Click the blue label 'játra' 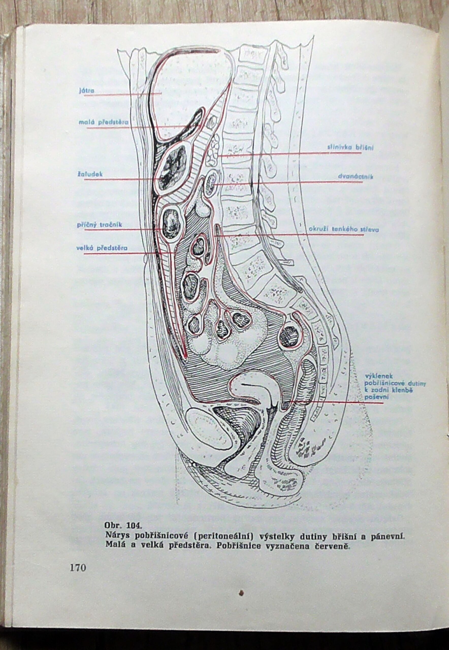point(87,91)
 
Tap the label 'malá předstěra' point(104,122)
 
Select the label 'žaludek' point(90,174)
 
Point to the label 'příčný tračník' point(100,225)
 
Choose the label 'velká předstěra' point(102,248)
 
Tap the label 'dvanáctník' point(355,177)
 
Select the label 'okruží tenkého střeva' point(344,229)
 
